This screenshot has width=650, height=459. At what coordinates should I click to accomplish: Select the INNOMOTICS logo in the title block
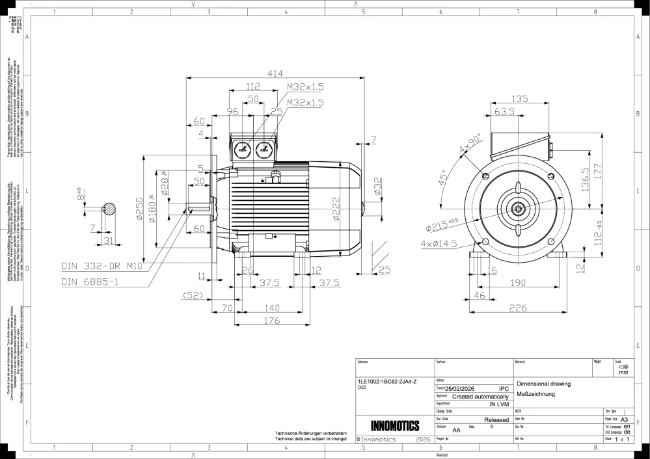tap(394, 426)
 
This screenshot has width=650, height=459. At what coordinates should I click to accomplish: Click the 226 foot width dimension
tap(517, 308)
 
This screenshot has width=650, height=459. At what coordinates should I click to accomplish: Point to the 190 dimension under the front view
tap(517, 283)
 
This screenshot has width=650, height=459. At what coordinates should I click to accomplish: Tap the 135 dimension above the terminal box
tap(519, 99)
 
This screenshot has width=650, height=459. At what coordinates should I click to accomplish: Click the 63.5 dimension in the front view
tap(504, 112)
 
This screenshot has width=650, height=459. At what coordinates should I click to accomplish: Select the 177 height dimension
tap(604, 170)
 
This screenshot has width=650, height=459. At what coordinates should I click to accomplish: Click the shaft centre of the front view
tap(519, 209)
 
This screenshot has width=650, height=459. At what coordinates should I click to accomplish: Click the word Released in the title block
tap(496, 421)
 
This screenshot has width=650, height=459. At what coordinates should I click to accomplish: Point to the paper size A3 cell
tap(624, 420)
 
